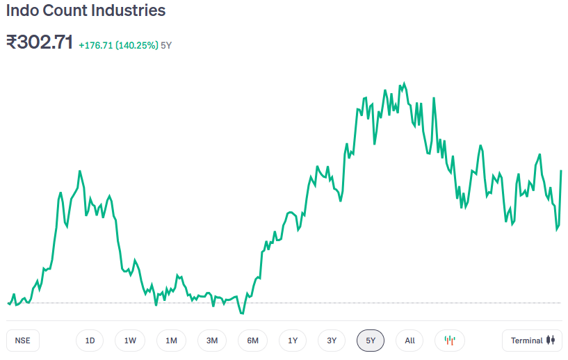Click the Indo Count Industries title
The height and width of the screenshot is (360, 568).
coord(86,11)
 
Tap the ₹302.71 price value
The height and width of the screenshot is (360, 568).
coord(40,42)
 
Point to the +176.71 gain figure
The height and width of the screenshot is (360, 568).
coord(95,45)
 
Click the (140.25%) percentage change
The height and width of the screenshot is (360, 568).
coord(136,45)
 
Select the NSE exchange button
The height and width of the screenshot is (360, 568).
coord(23,341)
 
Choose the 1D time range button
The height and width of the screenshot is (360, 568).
coord(90,341)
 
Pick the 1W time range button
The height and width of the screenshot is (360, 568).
coord(130,341)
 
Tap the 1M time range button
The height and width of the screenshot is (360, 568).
coord(171,341)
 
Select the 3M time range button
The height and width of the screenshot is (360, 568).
coord(212,341)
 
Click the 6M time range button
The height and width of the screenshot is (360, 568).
coord(252,341)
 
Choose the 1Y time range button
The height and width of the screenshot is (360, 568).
coord(293,341)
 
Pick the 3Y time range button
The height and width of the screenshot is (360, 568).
coord(332,341)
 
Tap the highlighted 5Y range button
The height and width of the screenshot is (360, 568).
coord(371,341)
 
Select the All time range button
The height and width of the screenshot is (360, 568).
coord(409,341)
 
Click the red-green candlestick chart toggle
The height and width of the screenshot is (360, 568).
coord(450,341)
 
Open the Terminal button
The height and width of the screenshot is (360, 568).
coord(532,341)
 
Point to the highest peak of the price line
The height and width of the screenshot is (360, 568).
coord(404,83)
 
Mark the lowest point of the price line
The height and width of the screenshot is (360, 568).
coord(242,313)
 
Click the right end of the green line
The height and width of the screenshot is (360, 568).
coord(561,170)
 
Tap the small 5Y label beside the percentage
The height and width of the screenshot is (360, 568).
coord(166,45)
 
